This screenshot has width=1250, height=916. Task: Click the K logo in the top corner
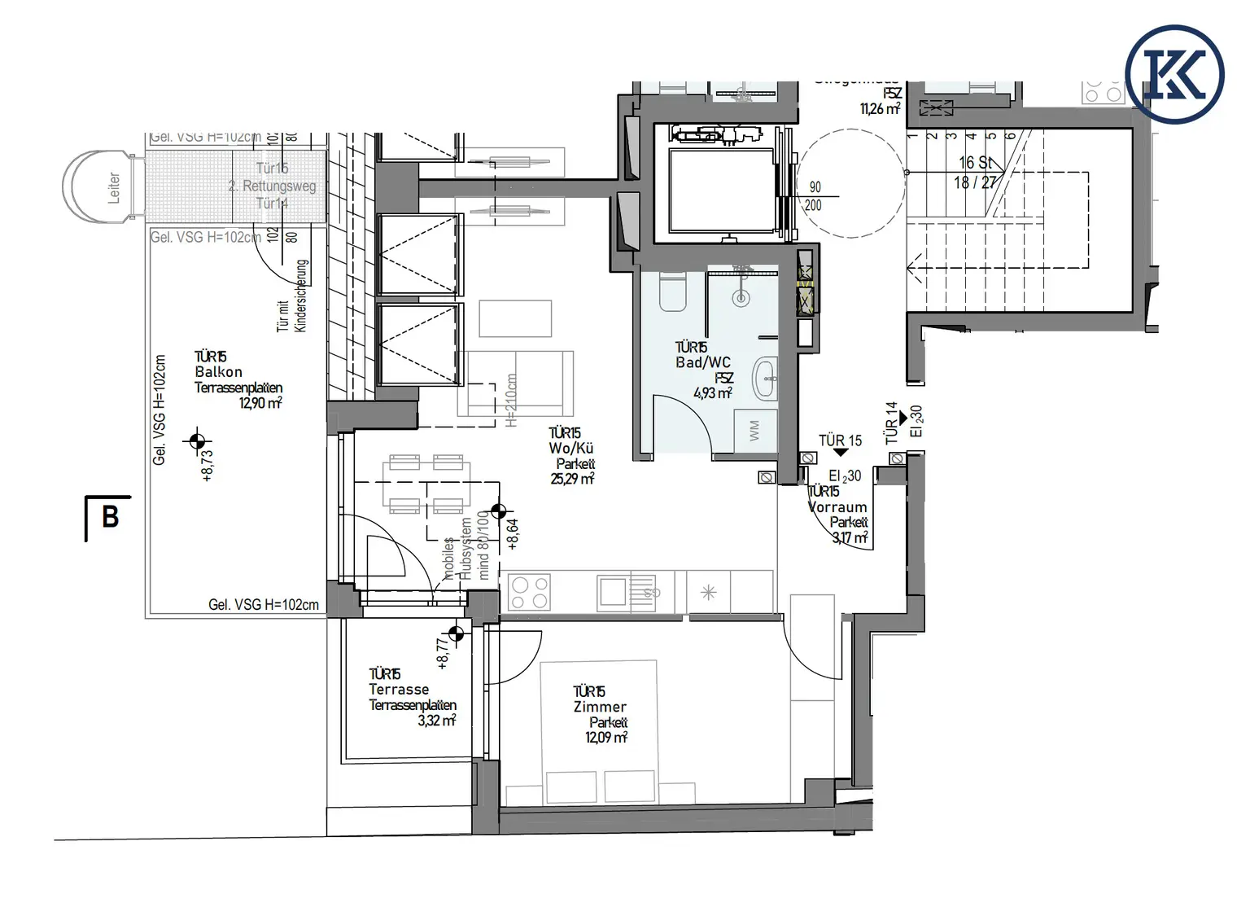pos(1174,74)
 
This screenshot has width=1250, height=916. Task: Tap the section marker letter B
pos(110,517)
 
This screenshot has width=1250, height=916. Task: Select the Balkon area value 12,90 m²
pos(260,403)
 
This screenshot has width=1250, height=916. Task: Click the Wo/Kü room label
pos(571,448)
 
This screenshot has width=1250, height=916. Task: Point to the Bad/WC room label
pos(703,362)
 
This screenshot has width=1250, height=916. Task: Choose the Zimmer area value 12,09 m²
pos(606,738)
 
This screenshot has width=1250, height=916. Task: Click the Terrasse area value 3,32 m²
pos(436,721)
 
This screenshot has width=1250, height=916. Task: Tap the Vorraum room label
pos(837,506)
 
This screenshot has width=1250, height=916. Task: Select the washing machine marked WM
pos(754,431)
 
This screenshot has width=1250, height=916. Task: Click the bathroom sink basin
pos(766,379)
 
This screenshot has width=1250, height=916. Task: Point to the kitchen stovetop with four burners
pos(529,592)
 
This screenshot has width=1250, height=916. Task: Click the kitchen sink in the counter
pos(613,592)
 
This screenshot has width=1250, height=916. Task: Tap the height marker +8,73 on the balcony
pos(207,465)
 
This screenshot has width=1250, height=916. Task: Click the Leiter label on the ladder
pos(114,187)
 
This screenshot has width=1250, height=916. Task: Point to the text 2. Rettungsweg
pos(272,186)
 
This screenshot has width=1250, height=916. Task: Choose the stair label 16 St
pos(975,163)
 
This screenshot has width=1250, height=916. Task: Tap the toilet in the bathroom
pos(673,293)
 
